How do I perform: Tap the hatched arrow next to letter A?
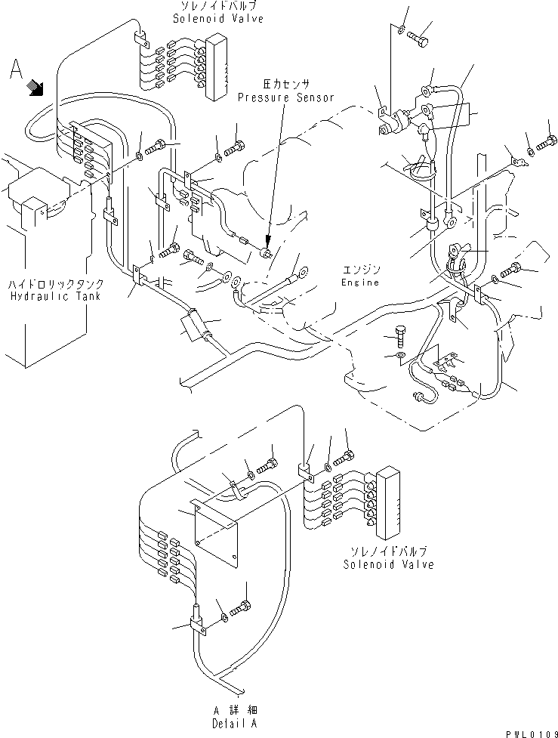pos(35,88)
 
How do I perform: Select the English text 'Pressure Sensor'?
pos(285,98)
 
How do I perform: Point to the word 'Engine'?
pos(359,282)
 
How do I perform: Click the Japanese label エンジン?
pos(359,270)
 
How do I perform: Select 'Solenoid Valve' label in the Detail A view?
pos(388,564)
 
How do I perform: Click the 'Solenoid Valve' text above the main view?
pos(218,19)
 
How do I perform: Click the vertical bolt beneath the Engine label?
pos(400,336)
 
